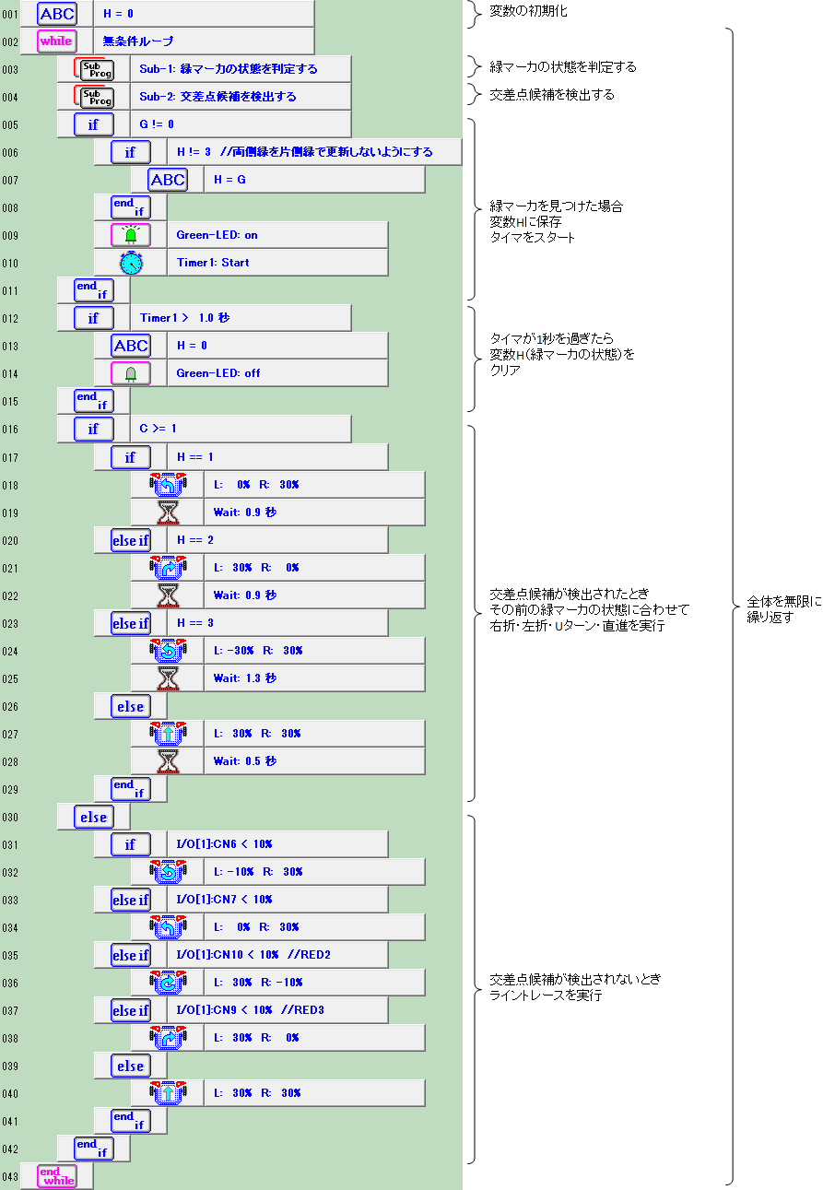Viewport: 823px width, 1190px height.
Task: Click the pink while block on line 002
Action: (x=57, y=41)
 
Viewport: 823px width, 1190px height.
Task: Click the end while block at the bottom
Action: (x=57, y=1176)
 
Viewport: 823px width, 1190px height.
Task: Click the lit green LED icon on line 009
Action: (x=131, y=235)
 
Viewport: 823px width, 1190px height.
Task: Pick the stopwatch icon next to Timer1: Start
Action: (x=131, y=263)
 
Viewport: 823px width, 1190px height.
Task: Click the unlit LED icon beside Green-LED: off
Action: (x=131, y=373)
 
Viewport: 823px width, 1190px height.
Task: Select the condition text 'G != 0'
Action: (x=157, y=124)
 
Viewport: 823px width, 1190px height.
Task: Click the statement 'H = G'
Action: (x=229, y=180)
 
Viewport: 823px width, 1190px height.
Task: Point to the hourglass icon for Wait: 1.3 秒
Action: (x=168, y=678)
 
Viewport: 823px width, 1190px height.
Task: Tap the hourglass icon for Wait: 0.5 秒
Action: (x=168, y=761)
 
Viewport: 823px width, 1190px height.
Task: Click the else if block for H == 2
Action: (x=131, y=540)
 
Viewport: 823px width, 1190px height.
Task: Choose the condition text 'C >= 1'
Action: (x=158, y=429)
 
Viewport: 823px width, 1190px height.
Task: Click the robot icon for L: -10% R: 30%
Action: (x=168, y=871)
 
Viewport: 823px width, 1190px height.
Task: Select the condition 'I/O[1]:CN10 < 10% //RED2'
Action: (x=253, y=955)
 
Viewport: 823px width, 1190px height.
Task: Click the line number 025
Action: (x=10, y=679)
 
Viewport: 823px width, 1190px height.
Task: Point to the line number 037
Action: (x=10, y=1010)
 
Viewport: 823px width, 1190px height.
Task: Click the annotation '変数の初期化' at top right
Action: (x=528, y=11)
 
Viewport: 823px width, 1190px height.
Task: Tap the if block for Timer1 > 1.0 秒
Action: (x=93, y=318)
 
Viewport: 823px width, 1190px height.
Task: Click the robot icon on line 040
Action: (x=168, y=1092)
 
